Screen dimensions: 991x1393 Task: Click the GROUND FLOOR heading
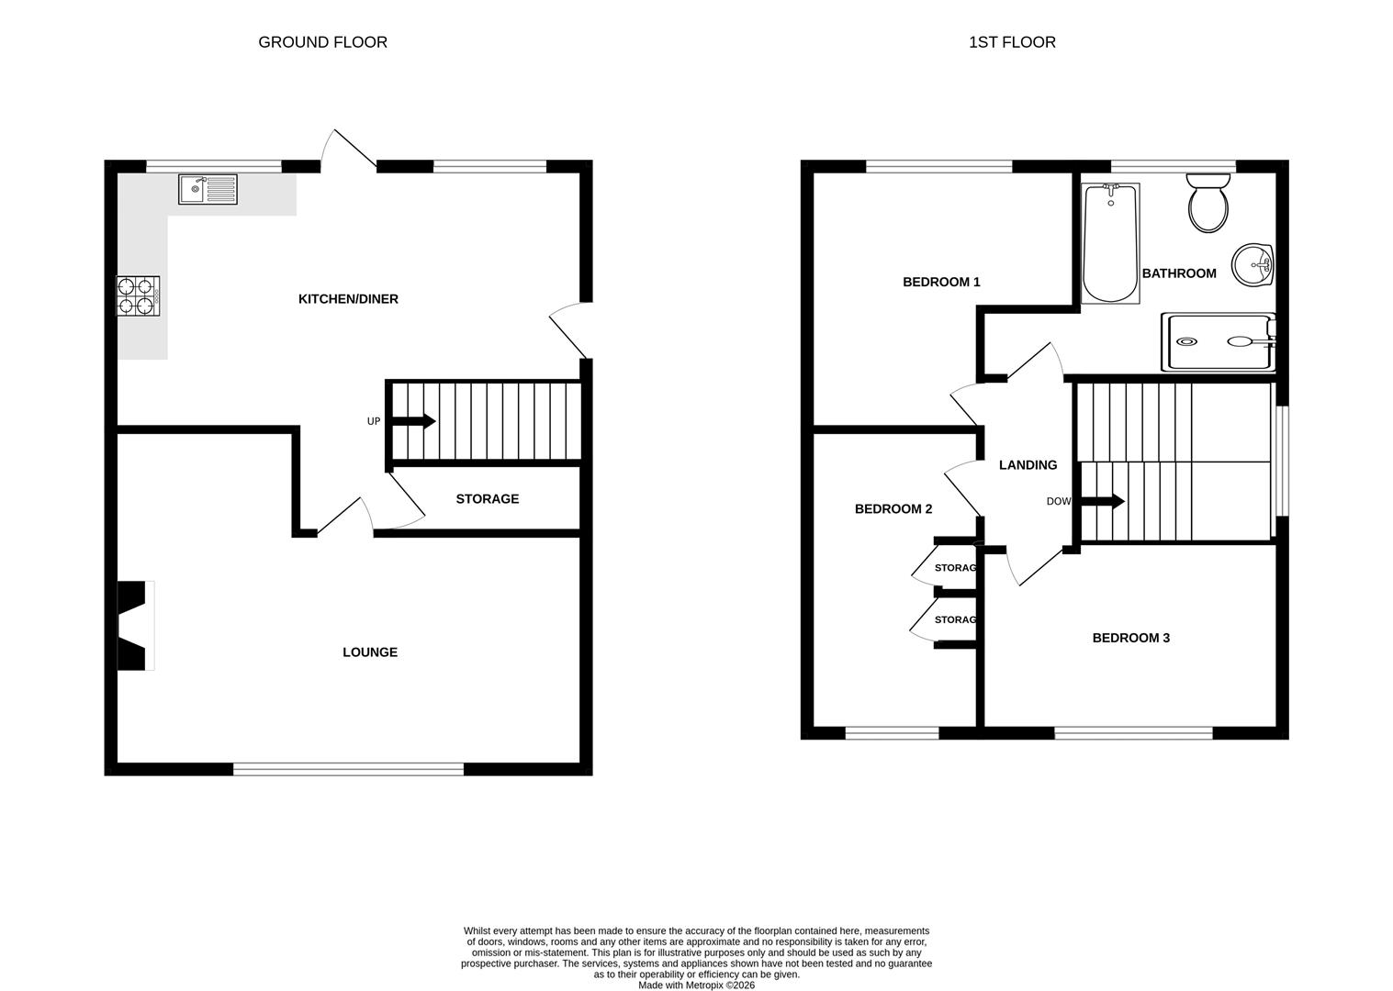click(322, 42)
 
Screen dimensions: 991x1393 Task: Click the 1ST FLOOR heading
click(1012, 42)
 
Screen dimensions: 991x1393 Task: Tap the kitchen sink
click(208, 189)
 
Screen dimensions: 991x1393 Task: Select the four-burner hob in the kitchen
click(138, 295)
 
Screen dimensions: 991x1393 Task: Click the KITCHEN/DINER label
click(348, 299)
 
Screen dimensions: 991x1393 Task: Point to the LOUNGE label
click(370, 652)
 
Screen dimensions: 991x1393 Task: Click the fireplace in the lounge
click(134, 625)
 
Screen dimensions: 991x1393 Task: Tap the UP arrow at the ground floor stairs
click(413, 421)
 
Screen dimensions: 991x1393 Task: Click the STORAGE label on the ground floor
click(488, 499)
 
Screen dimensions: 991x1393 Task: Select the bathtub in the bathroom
click(1110, 243)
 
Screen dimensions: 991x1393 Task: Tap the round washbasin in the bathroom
click(1253, 265)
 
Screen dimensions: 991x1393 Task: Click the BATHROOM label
click(1179, 273)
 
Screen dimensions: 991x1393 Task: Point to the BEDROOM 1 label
click(941, 282)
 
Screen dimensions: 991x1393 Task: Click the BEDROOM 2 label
click(893, 509)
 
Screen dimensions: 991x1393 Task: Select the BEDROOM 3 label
click(1130, 638)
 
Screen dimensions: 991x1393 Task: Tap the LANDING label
click(1028, 465)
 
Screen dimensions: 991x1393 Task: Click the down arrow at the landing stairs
click(1103, 502)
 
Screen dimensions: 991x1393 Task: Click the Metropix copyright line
click(696, 985)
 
